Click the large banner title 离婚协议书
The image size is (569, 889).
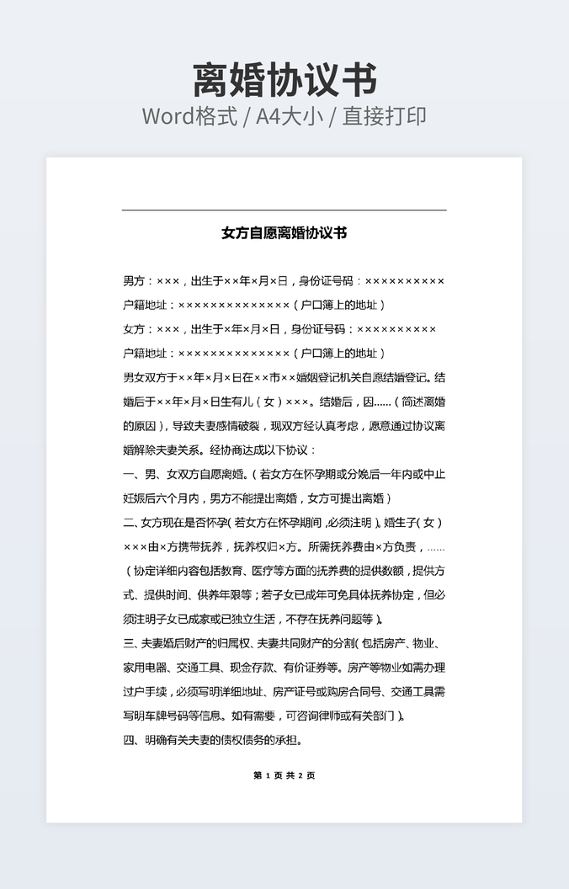284,80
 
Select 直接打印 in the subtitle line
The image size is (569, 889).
386,116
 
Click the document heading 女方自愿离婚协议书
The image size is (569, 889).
284,233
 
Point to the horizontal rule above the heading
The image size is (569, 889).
284,210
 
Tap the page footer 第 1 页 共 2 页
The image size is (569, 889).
284,775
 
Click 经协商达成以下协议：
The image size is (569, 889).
261,450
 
